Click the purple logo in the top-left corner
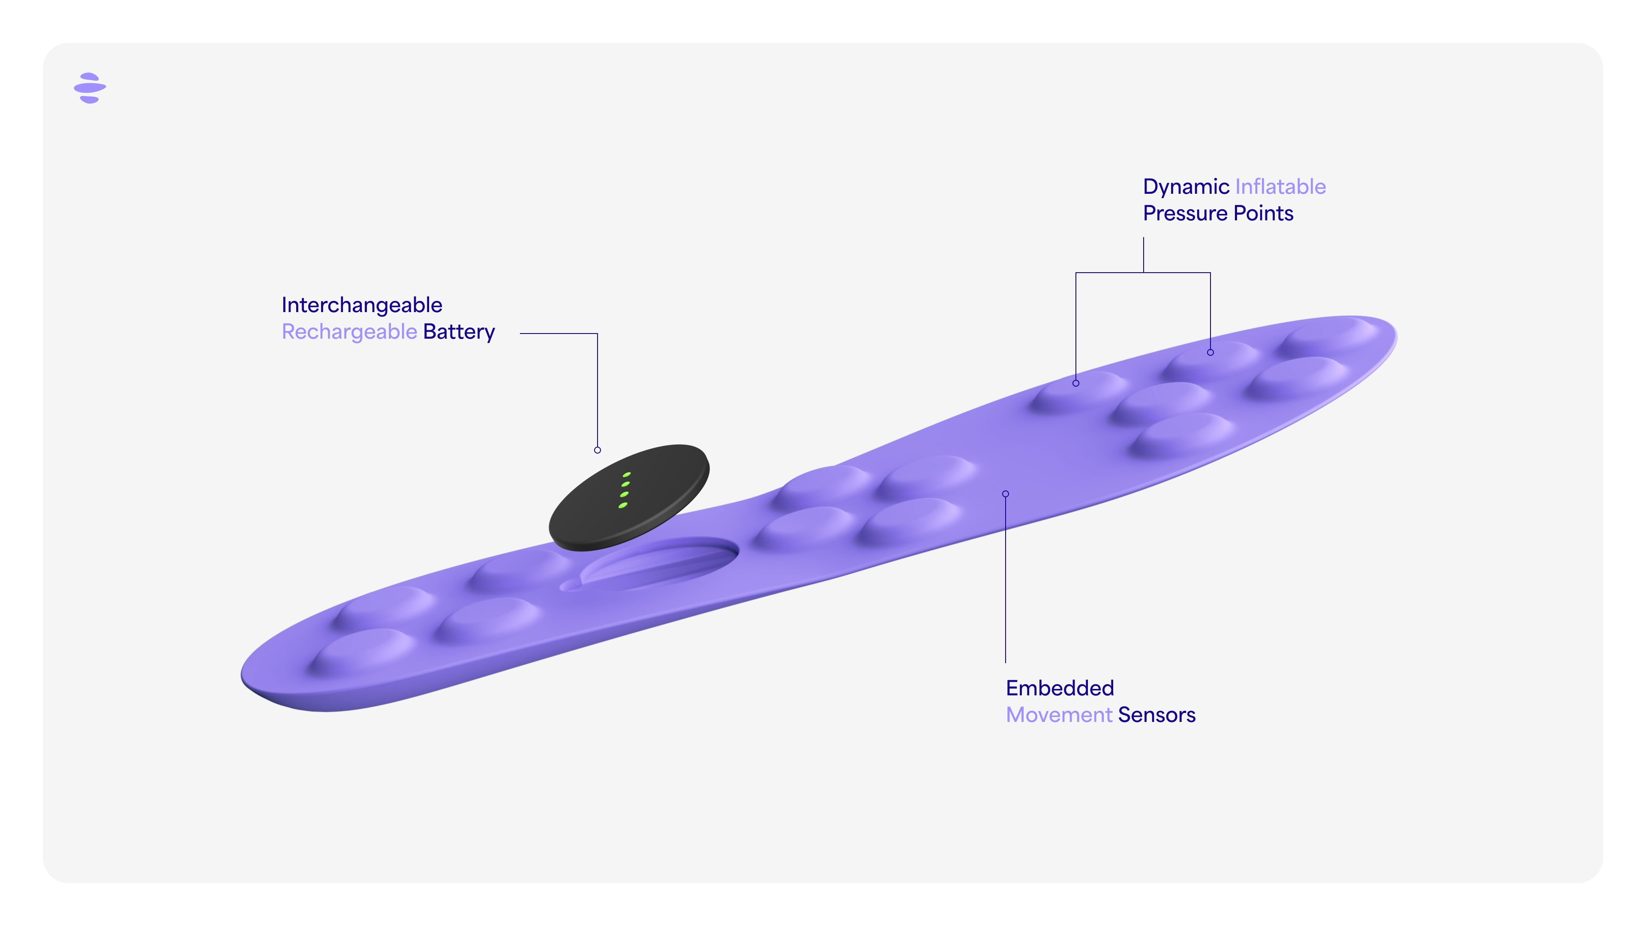90,87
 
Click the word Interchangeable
362,306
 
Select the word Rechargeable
349,332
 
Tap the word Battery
459,332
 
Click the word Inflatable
1280,186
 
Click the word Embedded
1060,688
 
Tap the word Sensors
1156,715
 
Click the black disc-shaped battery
629,497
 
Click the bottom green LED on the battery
623,505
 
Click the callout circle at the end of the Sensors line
1006,494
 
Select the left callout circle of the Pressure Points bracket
1076,383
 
